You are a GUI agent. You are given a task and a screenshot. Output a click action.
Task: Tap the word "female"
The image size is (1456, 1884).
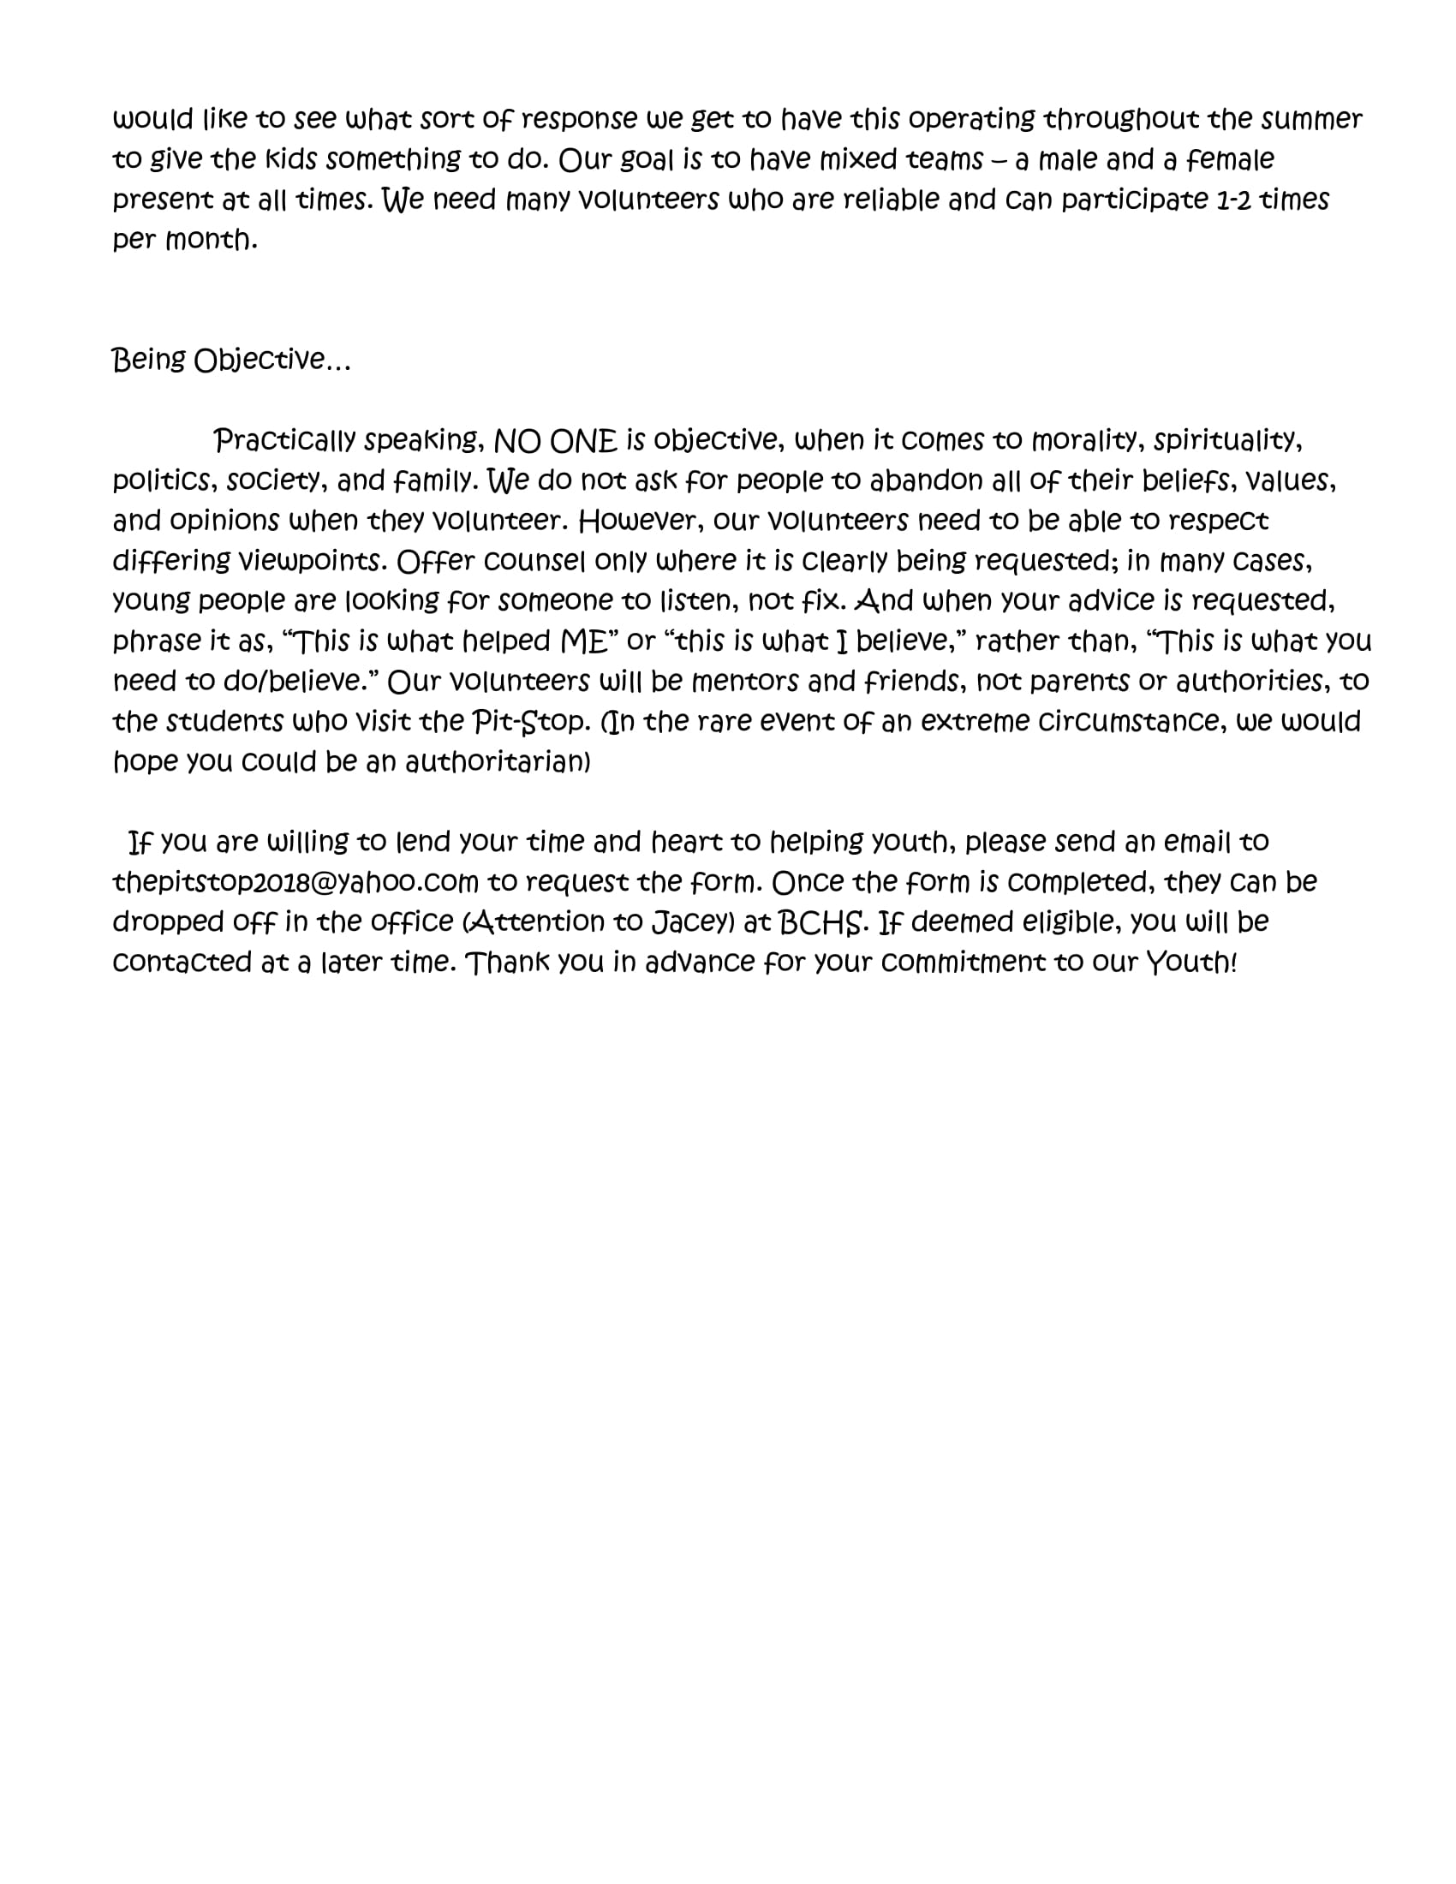click(1230, 159)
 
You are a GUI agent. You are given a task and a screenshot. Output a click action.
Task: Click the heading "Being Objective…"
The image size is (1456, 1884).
click(231, 360)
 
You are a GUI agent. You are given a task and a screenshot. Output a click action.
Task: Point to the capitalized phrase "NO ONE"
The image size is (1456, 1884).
click(556, 441)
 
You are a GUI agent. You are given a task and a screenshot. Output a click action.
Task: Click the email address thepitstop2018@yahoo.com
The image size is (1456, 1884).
click(295, 882)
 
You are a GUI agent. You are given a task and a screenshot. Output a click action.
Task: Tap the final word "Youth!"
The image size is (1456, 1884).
click(1191, 963)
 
